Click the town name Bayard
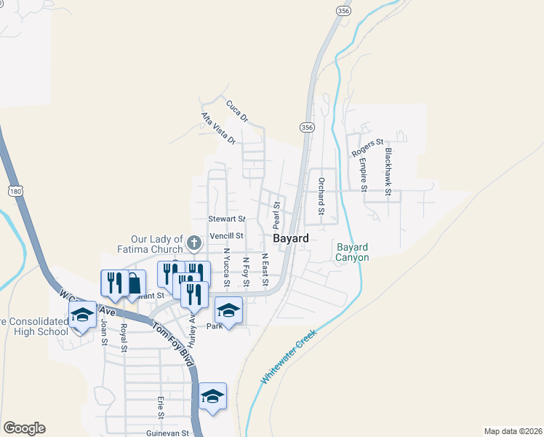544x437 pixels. [x=291, y=238]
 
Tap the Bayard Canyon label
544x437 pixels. [x=353, y=252]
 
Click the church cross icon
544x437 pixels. [x=193, y=242]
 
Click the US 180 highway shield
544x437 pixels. [x=15, y=191]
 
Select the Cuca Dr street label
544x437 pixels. [x=237, y=110]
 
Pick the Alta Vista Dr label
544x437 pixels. [x=219, y=127]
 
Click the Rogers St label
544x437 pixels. [x=367, y=148]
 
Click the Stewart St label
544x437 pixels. [x=226, y=219]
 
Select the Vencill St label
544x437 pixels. [x=226, y=236]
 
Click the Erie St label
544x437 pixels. [x=160, y=408]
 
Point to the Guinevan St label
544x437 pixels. [x=167, y=433]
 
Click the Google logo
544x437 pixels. [x=24, y=428]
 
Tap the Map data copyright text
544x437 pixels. [x=513, y=431]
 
